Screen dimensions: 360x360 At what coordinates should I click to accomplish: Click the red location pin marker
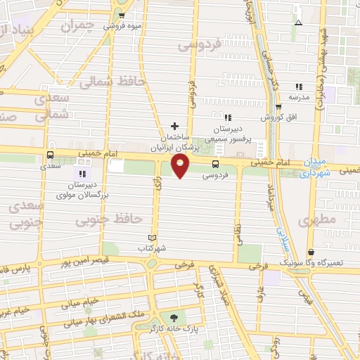point(181,166)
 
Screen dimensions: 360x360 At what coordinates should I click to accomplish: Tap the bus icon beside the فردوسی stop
point(214,165)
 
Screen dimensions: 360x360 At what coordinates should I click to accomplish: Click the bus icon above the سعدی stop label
point(50,155)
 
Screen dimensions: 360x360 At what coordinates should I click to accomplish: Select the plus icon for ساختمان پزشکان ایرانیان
point(175,126)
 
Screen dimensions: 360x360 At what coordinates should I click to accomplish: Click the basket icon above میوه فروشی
point(123,15)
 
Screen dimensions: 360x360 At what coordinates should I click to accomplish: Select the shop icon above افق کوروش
point(278,107)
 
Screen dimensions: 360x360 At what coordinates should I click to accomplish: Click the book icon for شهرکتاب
point(153,237)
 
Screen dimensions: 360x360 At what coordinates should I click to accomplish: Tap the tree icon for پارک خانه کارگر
point(174,317)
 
